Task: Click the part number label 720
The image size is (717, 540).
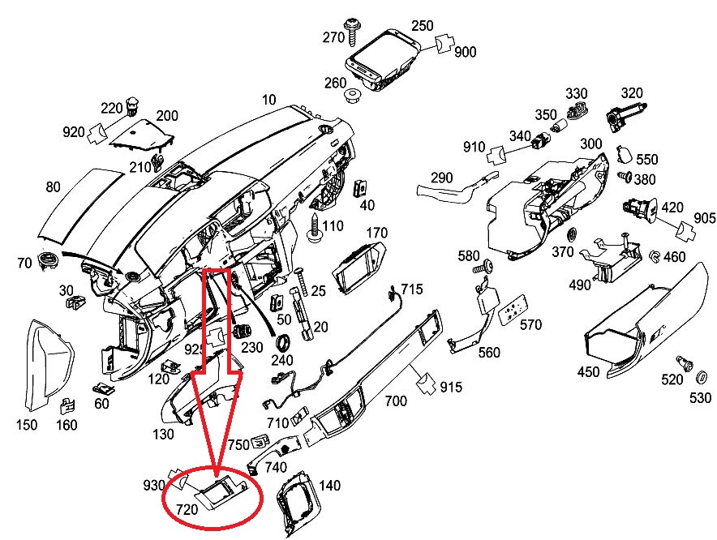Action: pyautogui.click(x=188, y=509)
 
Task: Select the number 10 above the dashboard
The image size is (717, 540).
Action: pyautogui.click(x=269, y=100)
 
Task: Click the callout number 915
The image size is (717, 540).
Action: pyautogui.click(x=451, y=388)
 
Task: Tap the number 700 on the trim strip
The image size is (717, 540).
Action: pyautogui.click(x=396, y=401)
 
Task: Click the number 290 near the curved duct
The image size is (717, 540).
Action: pyautogui.click(x=441, y=178)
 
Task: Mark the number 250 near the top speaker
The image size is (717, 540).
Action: pyautogui.click(x=422, y=26)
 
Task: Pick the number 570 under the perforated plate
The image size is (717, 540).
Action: pyautogui.click(x=530, y=325)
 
